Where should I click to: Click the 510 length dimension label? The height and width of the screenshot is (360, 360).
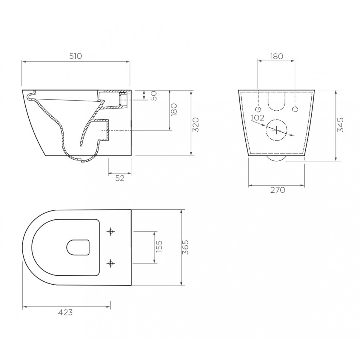76,56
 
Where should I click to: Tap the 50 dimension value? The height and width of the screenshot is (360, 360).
154,95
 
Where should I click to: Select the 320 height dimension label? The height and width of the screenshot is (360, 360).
196,125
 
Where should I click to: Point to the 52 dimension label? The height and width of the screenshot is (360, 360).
120,178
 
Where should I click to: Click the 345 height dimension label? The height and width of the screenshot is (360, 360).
340,125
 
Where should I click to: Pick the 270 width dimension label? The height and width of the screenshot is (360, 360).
277,190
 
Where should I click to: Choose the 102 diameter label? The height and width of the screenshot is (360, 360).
258,117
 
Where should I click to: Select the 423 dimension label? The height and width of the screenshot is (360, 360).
65,313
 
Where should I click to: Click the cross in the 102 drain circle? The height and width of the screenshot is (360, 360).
277,130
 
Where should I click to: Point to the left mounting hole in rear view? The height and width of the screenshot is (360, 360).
258,109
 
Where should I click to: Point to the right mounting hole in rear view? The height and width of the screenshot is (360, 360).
295,109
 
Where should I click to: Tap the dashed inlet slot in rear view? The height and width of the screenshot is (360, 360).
277,101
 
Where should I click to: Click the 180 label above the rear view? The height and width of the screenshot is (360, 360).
276,56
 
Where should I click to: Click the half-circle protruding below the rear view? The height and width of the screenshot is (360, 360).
276,159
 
